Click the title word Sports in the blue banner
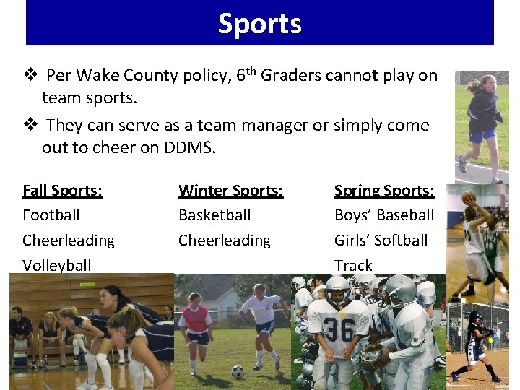point(260,24)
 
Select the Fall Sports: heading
point(62,191)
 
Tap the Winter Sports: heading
point(230,191)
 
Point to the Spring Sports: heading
point(384,191)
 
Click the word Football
point(51,215)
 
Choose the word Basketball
point(214,215)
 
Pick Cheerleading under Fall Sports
point(69,240)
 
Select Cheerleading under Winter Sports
point(225,240)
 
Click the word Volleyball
point(57,265)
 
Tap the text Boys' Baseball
point(384,215)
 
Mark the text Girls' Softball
point(381,240)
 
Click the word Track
point(353,265)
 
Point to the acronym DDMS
point(191,147)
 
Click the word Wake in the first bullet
point(96,76)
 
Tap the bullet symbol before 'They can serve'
point(30,125)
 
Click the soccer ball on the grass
point(238,371)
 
